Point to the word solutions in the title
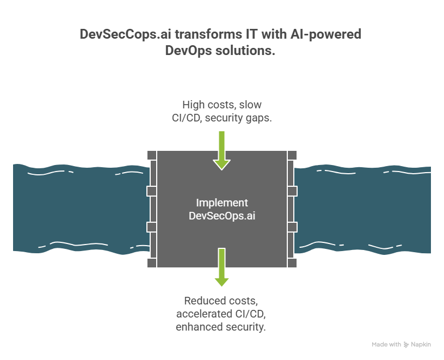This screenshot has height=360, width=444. click(x=247, y=51)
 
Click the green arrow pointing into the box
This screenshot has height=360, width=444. click(x=221, y=150)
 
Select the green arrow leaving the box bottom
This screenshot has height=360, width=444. click(x=221, y=267)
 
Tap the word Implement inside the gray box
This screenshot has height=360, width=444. click(x=222, y=203)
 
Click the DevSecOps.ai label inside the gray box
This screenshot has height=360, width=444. click(x=222, y=216)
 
